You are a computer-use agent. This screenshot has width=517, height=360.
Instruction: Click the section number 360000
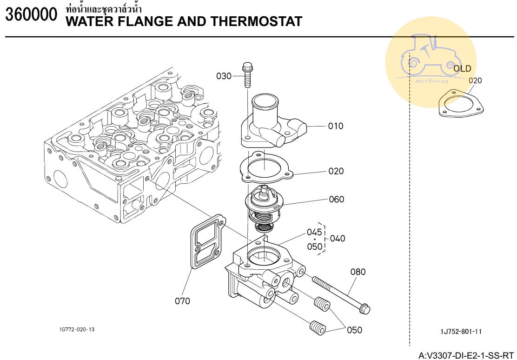[x=31, y=14]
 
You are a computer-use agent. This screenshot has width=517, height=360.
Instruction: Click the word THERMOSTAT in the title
[x=256, y=21]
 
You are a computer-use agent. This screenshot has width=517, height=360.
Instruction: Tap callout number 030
[x=224, y=76]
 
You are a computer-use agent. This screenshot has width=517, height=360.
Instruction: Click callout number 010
[x=336, y=126]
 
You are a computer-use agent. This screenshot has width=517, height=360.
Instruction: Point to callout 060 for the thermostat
[x=336, y=200]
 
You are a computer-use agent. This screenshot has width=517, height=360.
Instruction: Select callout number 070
[x=182, y=301]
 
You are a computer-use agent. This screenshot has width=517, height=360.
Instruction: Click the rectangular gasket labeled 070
[x=208, y=241]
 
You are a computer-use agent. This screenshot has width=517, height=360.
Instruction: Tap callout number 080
[x=358, y=272]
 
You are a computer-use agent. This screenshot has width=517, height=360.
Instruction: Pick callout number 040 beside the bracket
[x=338, y=239]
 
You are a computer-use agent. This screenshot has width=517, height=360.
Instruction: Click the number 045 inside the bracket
[x=314, y=232]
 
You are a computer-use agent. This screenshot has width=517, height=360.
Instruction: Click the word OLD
[x=462, y=69]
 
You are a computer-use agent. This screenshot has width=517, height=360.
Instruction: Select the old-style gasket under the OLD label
[x=461, y=103]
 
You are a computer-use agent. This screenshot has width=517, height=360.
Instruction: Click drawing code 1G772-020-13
[x=77, y=329]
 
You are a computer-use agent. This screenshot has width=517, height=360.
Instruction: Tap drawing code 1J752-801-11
[x=461, y=332]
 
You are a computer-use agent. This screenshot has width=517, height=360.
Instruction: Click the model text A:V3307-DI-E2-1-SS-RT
[x=466, y=356]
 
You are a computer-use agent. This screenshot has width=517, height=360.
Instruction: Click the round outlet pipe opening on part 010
[x=265, y=100]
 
